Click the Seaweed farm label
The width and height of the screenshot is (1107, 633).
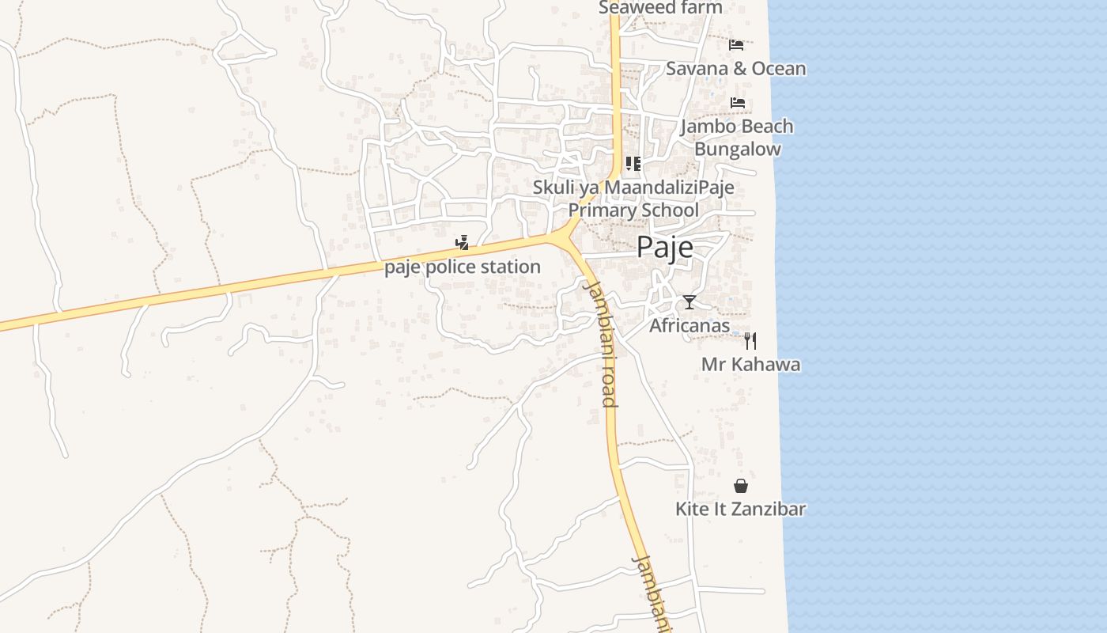tap(660, 8)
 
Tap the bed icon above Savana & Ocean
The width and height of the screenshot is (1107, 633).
tap(736, 44)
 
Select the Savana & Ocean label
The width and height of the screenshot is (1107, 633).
tap(735, 69)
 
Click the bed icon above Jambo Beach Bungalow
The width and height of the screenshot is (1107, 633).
tap(738, 103)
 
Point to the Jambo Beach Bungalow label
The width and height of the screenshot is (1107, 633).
tap(737, 138)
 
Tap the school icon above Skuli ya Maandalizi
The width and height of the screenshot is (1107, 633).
tap(633, 164)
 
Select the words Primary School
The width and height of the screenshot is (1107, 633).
tap(633, 210)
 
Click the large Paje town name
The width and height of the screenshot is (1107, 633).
tap(665, 248)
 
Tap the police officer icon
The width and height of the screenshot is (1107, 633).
tap(463, 243)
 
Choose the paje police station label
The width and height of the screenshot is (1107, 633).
tap(463, 267)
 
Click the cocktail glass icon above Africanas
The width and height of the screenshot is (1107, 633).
tap(690, 302)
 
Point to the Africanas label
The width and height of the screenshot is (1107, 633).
tap(690, 325)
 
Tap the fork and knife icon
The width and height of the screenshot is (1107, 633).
tap(750, 341)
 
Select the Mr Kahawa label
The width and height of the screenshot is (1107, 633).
tap(750, 365)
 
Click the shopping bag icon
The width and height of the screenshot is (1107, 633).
tap(741, 486)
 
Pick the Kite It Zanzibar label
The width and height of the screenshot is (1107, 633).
tap(740, 509)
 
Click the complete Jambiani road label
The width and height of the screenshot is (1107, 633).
tap(600, 343)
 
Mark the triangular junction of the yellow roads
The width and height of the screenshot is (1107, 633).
tap(565, 237)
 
